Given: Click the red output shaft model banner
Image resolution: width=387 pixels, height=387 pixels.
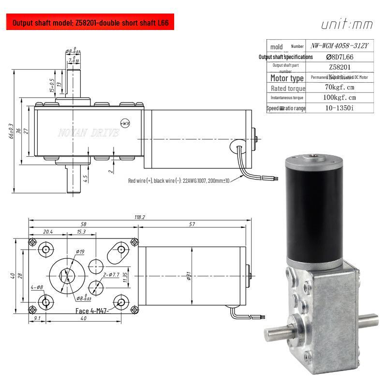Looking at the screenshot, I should pos(90,23).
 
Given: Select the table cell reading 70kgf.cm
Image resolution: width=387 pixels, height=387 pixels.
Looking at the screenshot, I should pos(341,88).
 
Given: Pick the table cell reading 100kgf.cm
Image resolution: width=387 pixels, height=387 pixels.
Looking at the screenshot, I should pos(341,98).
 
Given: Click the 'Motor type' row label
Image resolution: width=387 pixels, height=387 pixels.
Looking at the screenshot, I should pos(287,78).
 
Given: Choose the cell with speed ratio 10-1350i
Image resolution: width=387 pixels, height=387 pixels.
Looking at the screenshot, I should pos(341,108).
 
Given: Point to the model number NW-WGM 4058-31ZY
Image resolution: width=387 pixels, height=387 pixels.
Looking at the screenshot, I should pos(341,46).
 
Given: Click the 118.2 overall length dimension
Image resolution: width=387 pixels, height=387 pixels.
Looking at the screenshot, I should pos(139,217).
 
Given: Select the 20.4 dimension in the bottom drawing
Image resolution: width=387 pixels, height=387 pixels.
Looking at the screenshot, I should pos(47,232).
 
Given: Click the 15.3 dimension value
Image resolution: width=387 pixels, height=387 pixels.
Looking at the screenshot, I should pos(81,232).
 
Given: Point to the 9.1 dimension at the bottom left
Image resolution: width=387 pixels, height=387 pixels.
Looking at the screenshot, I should pos(37,319).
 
